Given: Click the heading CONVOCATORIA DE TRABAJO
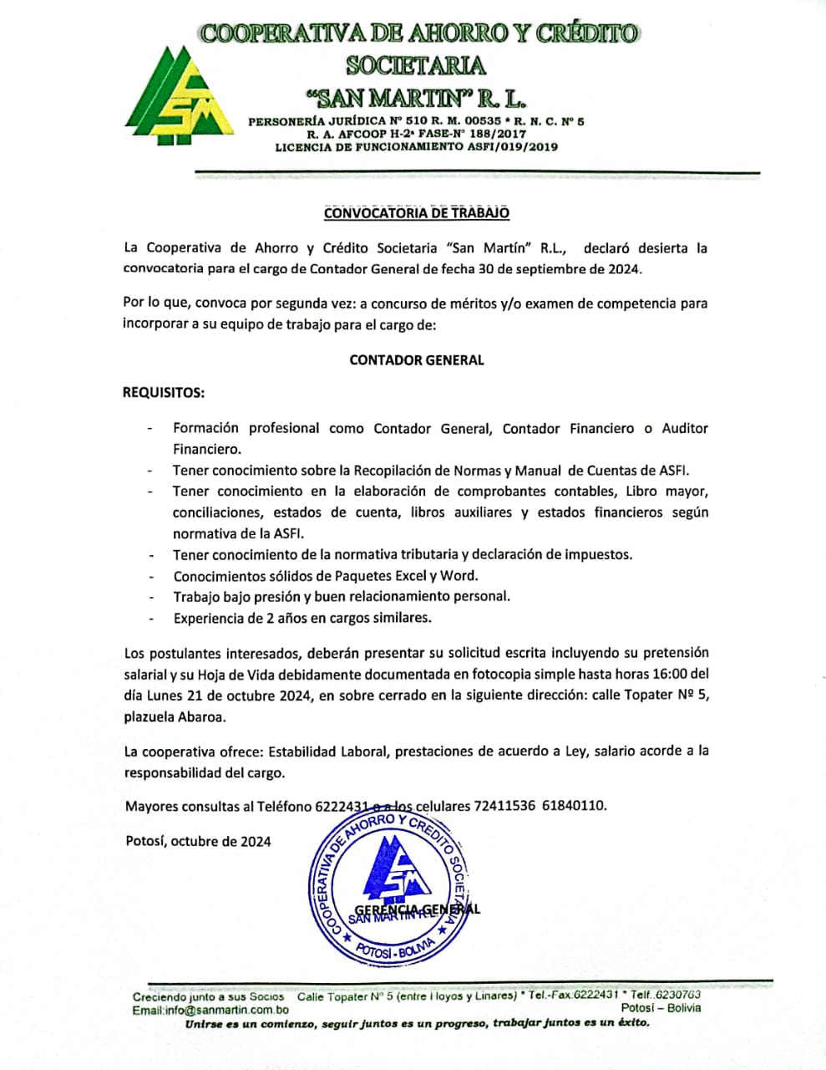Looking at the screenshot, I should [x=416, y=213].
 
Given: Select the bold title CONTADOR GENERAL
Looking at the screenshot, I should [x=416, y=360].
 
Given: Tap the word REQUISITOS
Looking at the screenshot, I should [x=164, y=392].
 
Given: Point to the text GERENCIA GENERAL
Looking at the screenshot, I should [x=417, y=909].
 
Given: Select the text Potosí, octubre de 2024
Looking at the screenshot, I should [x=198, y=842].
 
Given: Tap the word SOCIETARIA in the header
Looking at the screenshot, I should [x=415, y=64].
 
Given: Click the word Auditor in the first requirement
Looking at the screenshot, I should [x=684, y=429].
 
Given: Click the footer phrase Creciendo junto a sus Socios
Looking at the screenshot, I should [x=208, y=996].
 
